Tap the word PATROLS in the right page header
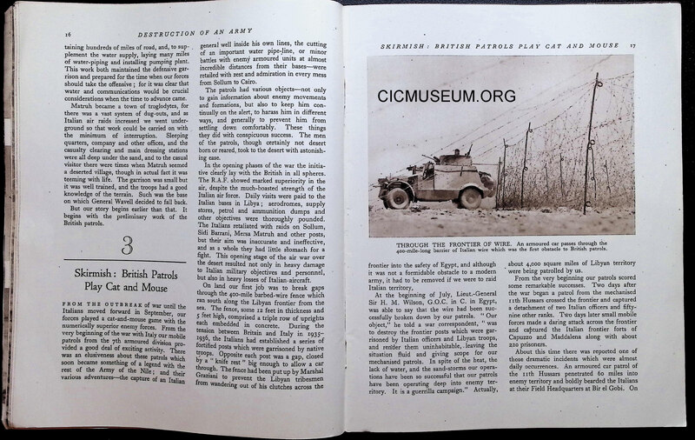(x=504, y=43)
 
